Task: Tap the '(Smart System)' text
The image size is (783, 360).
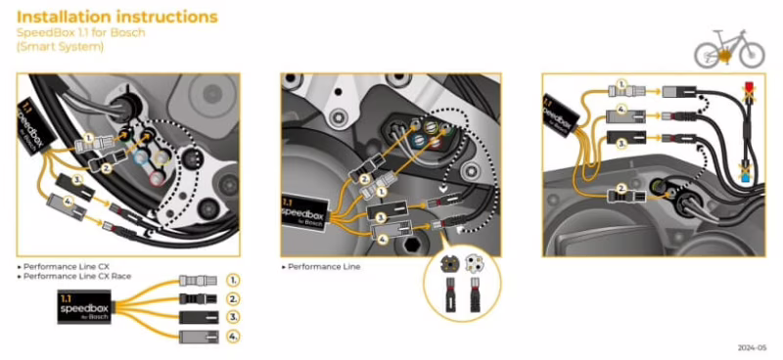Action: click(x=61, y=47)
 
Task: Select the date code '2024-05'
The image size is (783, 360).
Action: click(x=752, y=347)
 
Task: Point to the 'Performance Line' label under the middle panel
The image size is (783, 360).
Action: click(x=320, y=266)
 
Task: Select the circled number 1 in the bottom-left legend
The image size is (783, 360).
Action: click(x=232, y=280)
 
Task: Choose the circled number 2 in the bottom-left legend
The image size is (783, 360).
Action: click(x=232, y=298)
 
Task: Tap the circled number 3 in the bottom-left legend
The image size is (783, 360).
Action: click(x=232, y=318)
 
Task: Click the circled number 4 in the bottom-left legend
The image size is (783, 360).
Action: click(x=232, y=337)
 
